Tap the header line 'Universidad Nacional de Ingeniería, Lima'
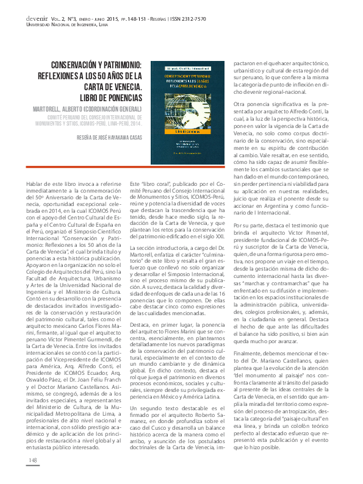[x=67, y=26]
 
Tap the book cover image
[x=189, y=115]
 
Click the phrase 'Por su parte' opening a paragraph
[x=248, y=226]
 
